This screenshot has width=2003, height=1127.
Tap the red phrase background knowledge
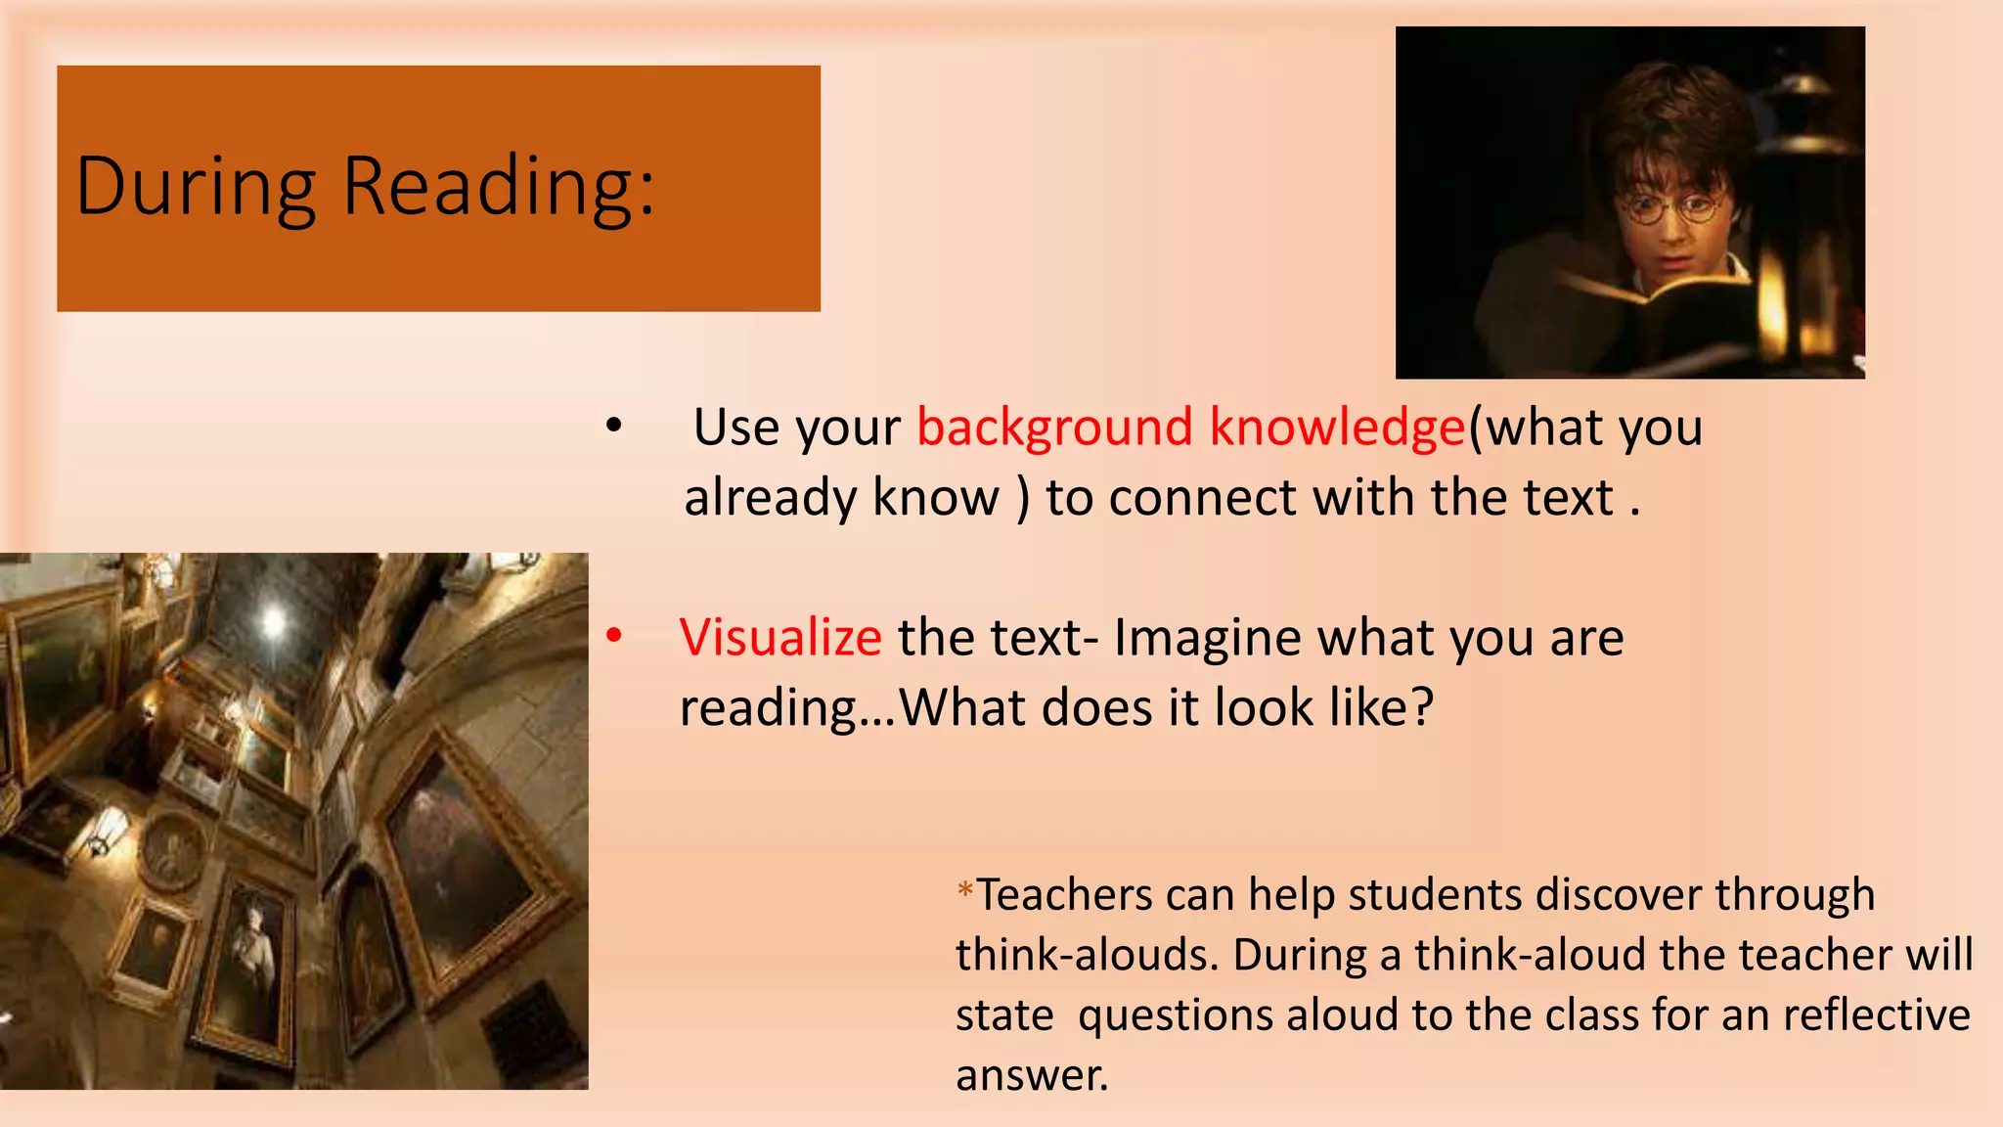tap(1191, 428)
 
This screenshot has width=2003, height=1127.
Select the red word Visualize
tap(780, 638)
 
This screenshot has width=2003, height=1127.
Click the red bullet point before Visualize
tap(614, 636)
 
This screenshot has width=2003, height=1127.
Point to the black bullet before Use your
tap(613, 426)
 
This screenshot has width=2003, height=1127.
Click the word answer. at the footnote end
tap(1032, 1075)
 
